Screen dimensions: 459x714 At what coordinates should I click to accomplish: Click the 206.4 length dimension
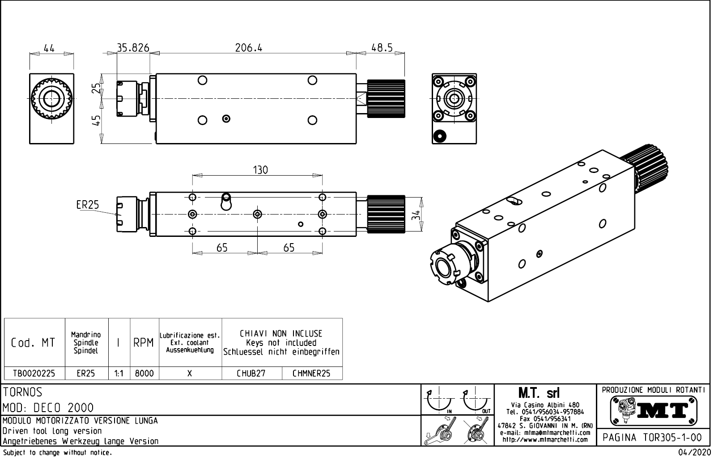click(x=249, y=48)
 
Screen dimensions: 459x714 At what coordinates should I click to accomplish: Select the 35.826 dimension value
click(x=133, y=48)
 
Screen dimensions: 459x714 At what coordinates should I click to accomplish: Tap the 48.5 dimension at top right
click(x=382, y=48)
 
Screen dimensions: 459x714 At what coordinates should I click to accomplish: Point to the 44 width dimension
click(x=49, y=48)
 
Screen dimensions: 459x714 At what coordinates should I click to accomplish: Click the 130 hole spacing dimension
click(x=260, y=170)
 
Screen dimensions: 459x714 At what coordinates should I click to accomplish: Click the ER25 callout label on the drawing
click(x=87, y=205)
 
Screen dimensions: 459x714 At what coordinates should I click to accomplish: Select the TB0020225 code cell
click(x=34, y=374)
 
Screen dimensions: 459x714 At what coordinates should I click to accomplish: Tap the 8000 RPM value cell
click(x=144, y=374)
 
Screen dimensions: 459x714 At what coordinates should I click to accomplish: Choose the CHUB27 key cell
click(x=251, y=374)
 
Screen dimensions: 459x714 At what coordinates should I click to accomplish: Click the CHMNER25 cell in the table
click(x=311, y=374)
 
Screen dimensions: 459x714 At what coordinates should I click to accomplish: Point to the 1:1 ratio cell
click(x=119, y=374)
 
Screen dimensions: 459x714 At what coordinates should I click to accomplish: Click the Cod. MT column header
click(x=33, y=343)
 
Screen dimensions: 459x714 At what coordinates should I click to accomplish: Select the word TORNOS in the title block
click(x=23, y=392)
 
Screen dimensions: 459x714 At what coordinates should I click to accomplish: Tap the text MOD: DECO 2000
click(x=48, y=408)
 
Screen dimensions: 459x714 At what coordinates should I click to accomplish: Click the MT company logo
click(x=654, y=410)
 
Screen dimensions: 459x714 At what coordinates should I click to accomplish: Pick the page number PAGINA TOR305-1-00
click(x=652, y=438)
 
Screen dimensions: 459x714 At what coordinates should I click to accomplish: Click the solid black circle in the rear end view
click(x=440, y=135)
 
